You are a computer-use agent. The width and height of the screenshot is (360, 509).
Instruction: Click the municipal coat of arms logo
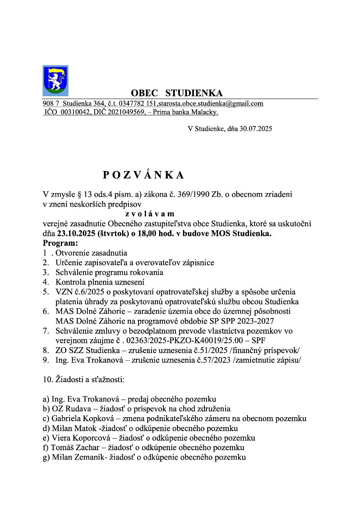(55, 80)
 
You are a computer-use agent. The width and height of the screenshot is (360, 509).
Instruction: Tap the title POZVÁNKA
(144, 175)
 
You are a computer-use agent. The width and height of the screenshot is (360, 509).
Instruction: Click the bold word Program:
(61, 243)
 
